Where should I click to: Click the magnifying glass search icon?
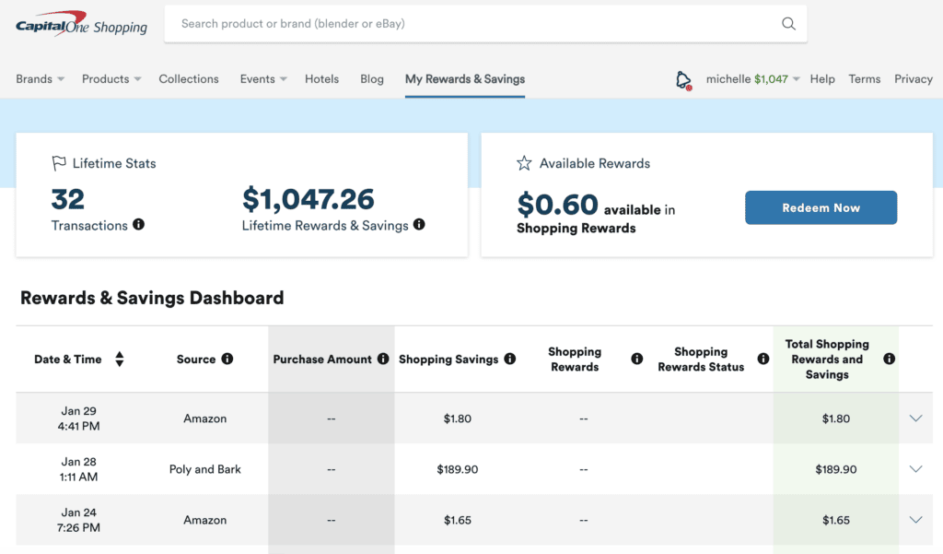coord(788,24)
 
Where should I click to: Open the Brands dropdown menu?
coord(40,79)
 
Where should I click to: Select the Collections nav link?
coord(189,79)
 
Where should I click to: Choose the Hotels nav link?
coord(322,79)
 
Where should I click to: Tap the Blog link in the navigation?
coord(372,79)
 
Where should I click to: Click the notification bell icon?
coord(682,80)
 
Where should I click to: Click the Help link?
coord(822,79)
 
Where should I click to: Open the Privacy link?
coord(913,79)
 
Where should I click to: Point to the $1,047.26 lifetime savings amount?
coord(309,199)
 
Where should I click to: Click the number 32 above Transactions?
coord(68,199)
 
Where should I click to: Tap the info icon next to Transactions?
coord(138,224)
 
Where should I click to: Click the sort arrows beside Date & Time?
coord(120,360)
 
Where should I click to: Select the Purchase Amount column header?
coord(322,360)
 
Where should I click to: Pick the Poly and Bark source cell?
coord(205,469)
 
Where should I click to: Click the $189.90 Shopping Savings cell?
coord(458,469)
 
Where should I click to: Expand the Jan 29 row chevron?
coord(915,418)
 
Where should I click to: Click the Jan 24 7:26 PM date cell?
coord(78,520)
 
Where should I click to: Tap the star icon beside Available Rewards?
coord(524,163)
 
